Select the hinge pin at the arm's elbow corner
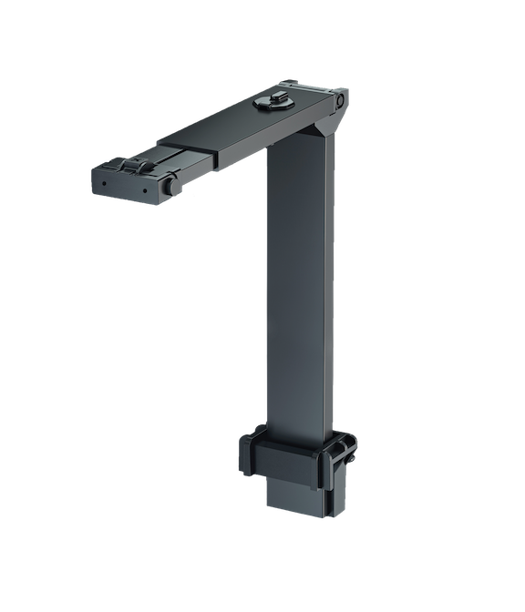[339, 100]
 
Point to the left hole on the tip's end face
[104, 181]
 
